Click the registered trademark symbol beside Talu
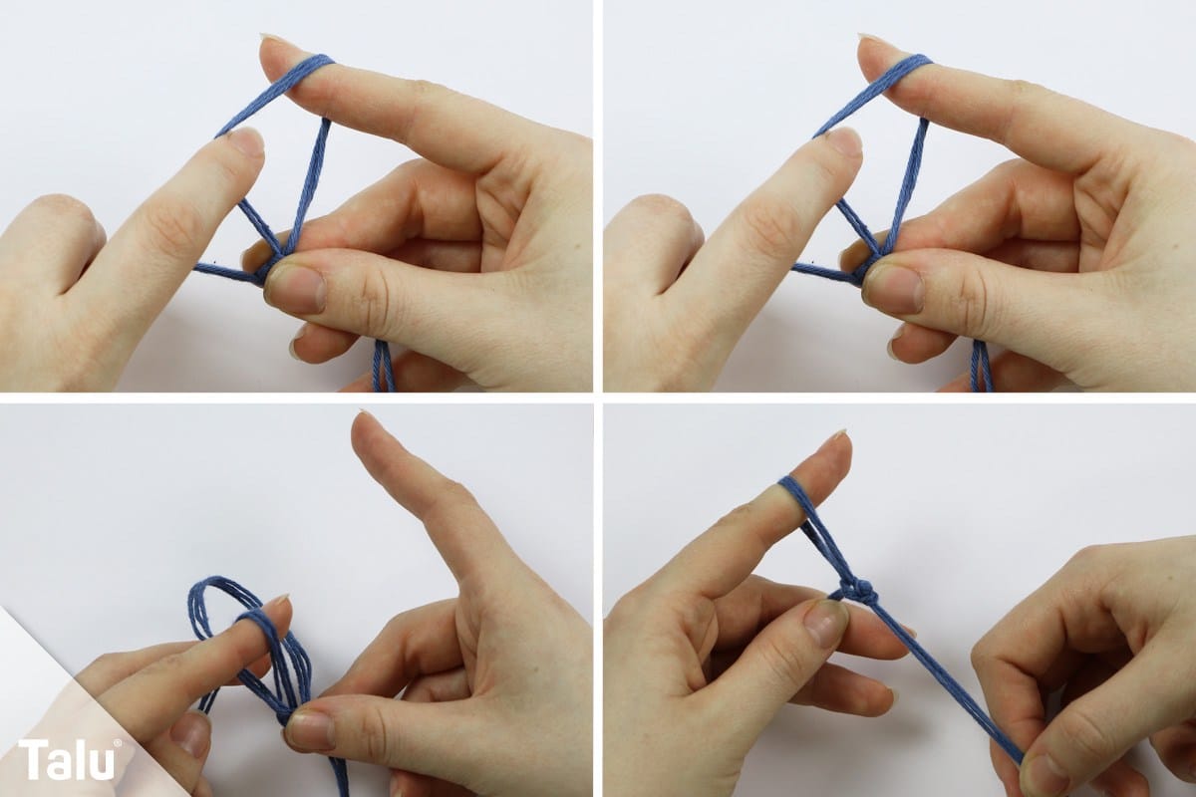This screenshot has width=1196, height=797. coord(118,742)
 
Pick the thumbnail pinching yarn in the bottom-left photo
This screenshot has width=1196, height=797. coord(309,727)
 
